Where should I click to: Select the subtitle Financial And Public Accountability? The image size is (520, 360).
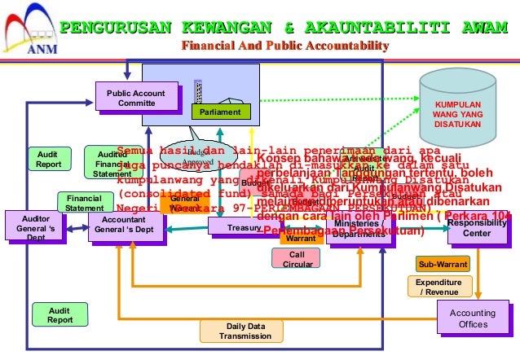(x=284, y=45)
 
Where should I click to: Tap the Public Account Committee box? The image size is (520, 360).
(x=136, y=99)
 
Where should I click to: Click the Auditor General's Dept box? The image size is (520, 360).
(x=30, y=229)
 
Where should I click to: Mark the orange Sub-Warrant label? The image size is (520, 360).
(x=443, y=265)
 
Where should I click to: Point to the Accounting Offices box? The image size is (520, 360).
(x=473, y=318)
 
